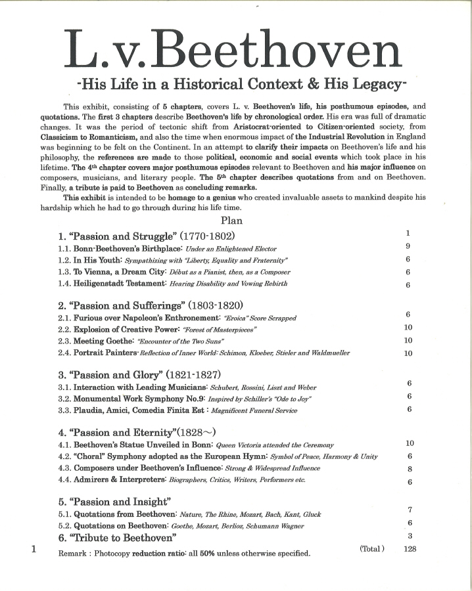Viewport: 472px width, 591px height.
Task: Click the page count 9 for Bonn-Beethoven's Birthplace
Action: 408,248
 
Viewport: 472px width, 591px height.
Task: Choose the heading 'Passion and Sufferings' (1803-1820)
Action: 151,305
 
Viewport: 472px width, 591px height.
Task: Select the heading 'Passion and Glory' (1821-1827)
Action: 140,375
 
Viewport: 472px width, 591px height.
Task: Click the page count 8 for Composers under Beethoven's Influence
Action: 410,469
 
